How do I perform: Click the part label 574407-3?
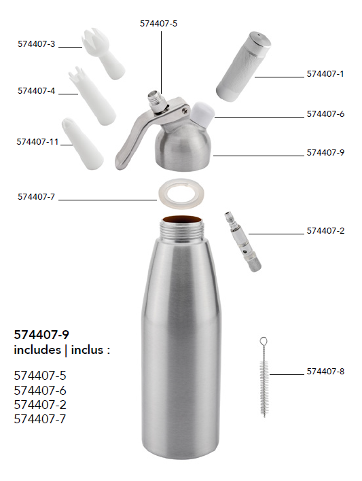36,44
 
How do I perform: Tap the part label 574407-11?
37,142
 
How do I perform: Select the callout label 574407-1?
325,74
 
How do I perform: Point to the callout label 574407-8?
325,372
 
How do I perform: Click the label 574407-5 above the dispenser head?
159,24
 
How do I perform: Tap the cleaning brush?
264,377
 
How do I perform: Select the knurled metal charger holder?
243,67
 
